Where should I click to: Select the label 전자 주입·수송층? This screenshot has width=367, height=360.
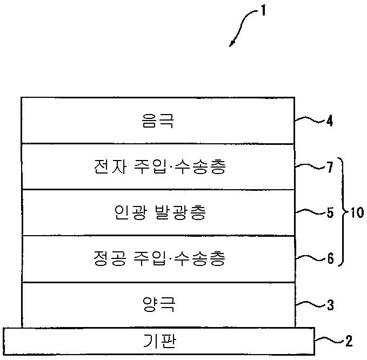coord(158,166)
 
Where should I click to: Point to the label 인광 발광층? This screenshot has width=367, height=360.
coord(158,213)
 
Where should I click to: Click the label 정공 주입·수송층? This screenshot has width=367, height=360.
coord(158,259)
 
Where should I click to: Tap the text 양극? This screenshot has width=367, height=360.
coord(157,305)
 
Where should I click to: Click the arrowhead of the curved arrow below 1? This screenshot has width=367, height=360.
coord(232,44)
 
